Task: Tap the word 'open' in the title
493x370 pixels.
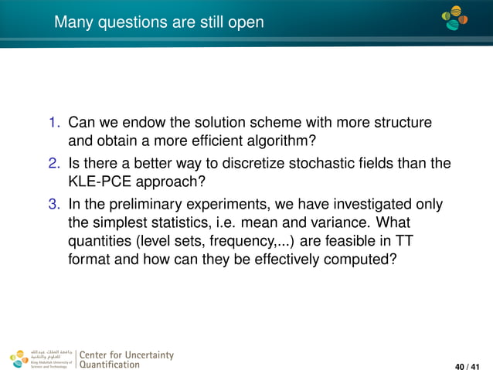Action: (x=245, y=23)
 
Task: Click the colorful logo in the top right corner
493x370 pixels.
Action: (x=455, y=19)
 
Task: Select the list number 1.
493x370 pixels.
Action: (x=54, y=124)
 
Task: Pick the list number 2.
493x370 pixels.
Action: (x=54, y=162)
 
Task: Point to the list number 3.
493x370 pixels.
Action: (x=54, y=204)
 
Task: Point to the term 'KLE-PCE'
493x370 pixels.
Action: (x=100, y=183)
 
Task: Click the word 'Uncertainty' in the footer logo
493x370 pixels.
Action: (x=147, y=355)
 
